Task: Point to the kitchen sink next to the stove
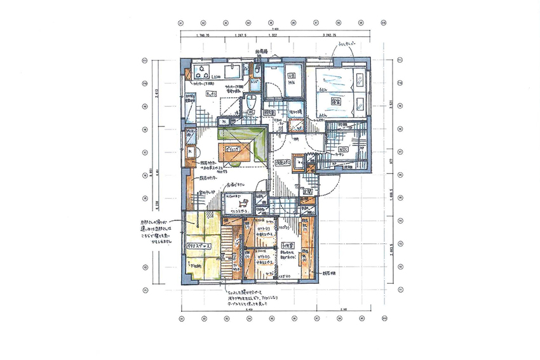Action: pyautogui.click(x=231, y=70)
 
